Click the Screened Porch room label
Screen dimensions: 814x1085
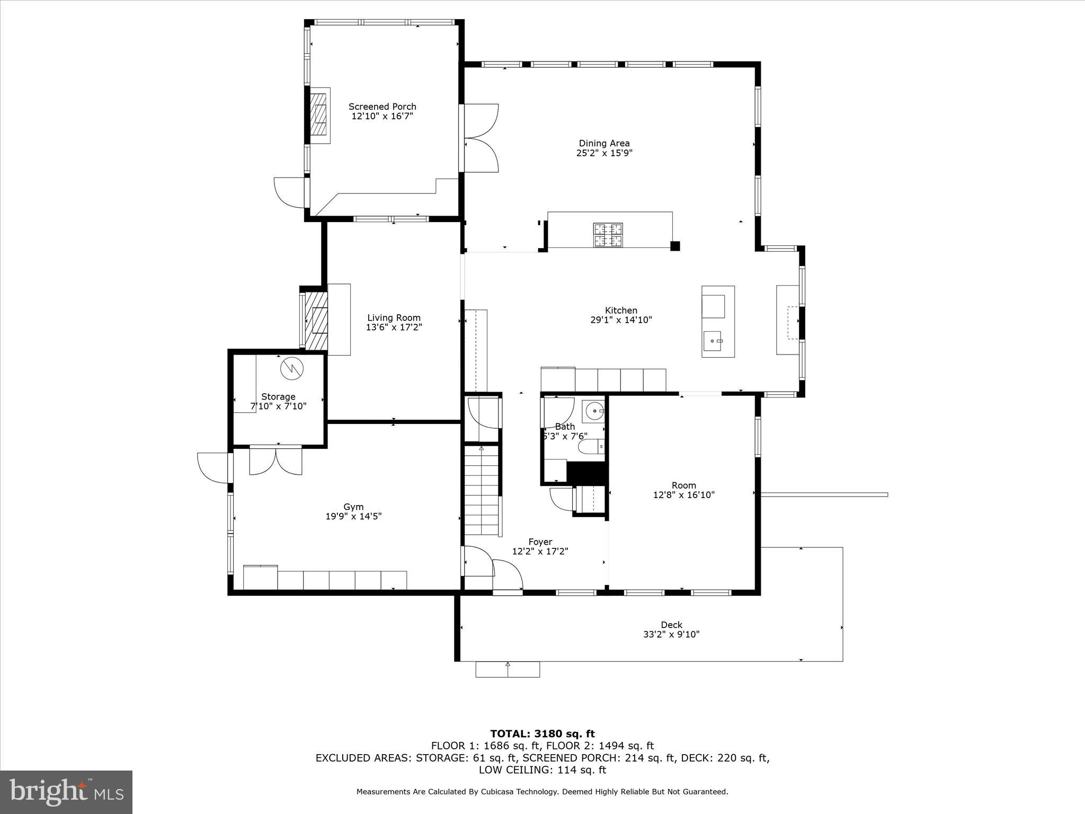(x=382, y=107)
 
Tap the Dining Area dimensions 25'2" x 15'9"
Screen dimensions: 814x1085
(x=604, y=153)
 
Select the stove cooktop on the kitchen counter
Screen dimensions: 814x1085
(x=608, y=235)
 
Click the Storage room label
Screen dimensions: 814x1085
(x=278, y=396)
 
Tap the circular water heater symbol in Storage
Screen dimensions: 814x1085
(x=291, y=368)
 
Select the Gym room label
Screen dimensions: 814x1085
(x=353, y=507)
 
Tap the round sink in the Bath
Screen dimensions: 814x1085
(x=595, y=411)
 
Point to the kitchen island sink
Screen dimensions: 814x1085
(x=713, y=341)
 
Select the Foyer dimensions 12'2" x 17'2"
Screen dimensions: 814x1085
(x=540, y=551)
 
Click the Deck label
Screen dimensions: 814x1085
(x=671, y=625)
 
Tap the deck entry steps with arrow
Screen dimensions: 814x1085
(x=508, y=669)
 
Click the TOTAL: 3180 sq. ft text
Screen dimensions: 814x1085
(x=542, y=734)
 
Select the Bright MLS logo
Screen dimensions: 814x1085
(x=66, y=792)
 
